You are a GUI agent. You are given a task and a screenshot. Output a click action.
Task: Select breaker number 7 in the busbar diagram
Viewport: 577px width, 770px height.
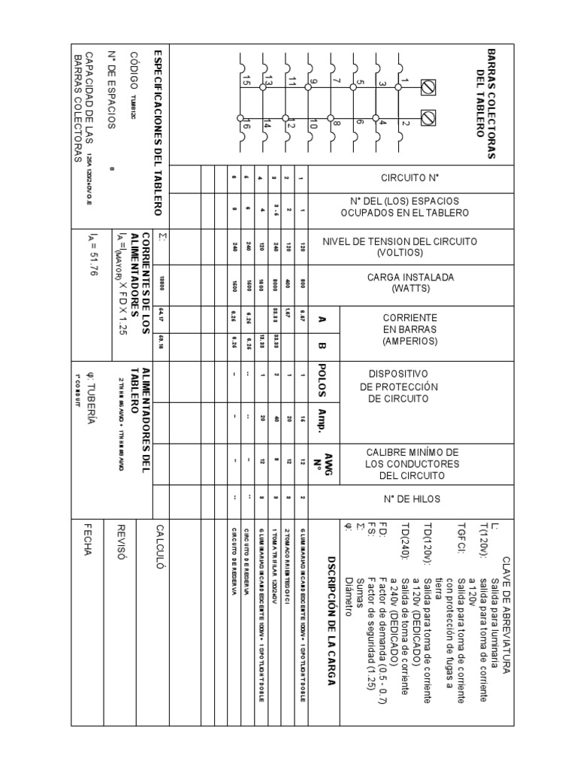337,80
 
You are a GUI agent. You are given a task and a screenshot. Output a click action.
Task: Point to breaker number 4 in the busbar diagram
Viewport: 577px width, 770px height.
382,123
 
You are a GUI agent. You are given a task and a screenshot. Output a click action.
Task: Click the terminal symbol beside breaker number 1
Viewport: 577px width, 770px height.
429,88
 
